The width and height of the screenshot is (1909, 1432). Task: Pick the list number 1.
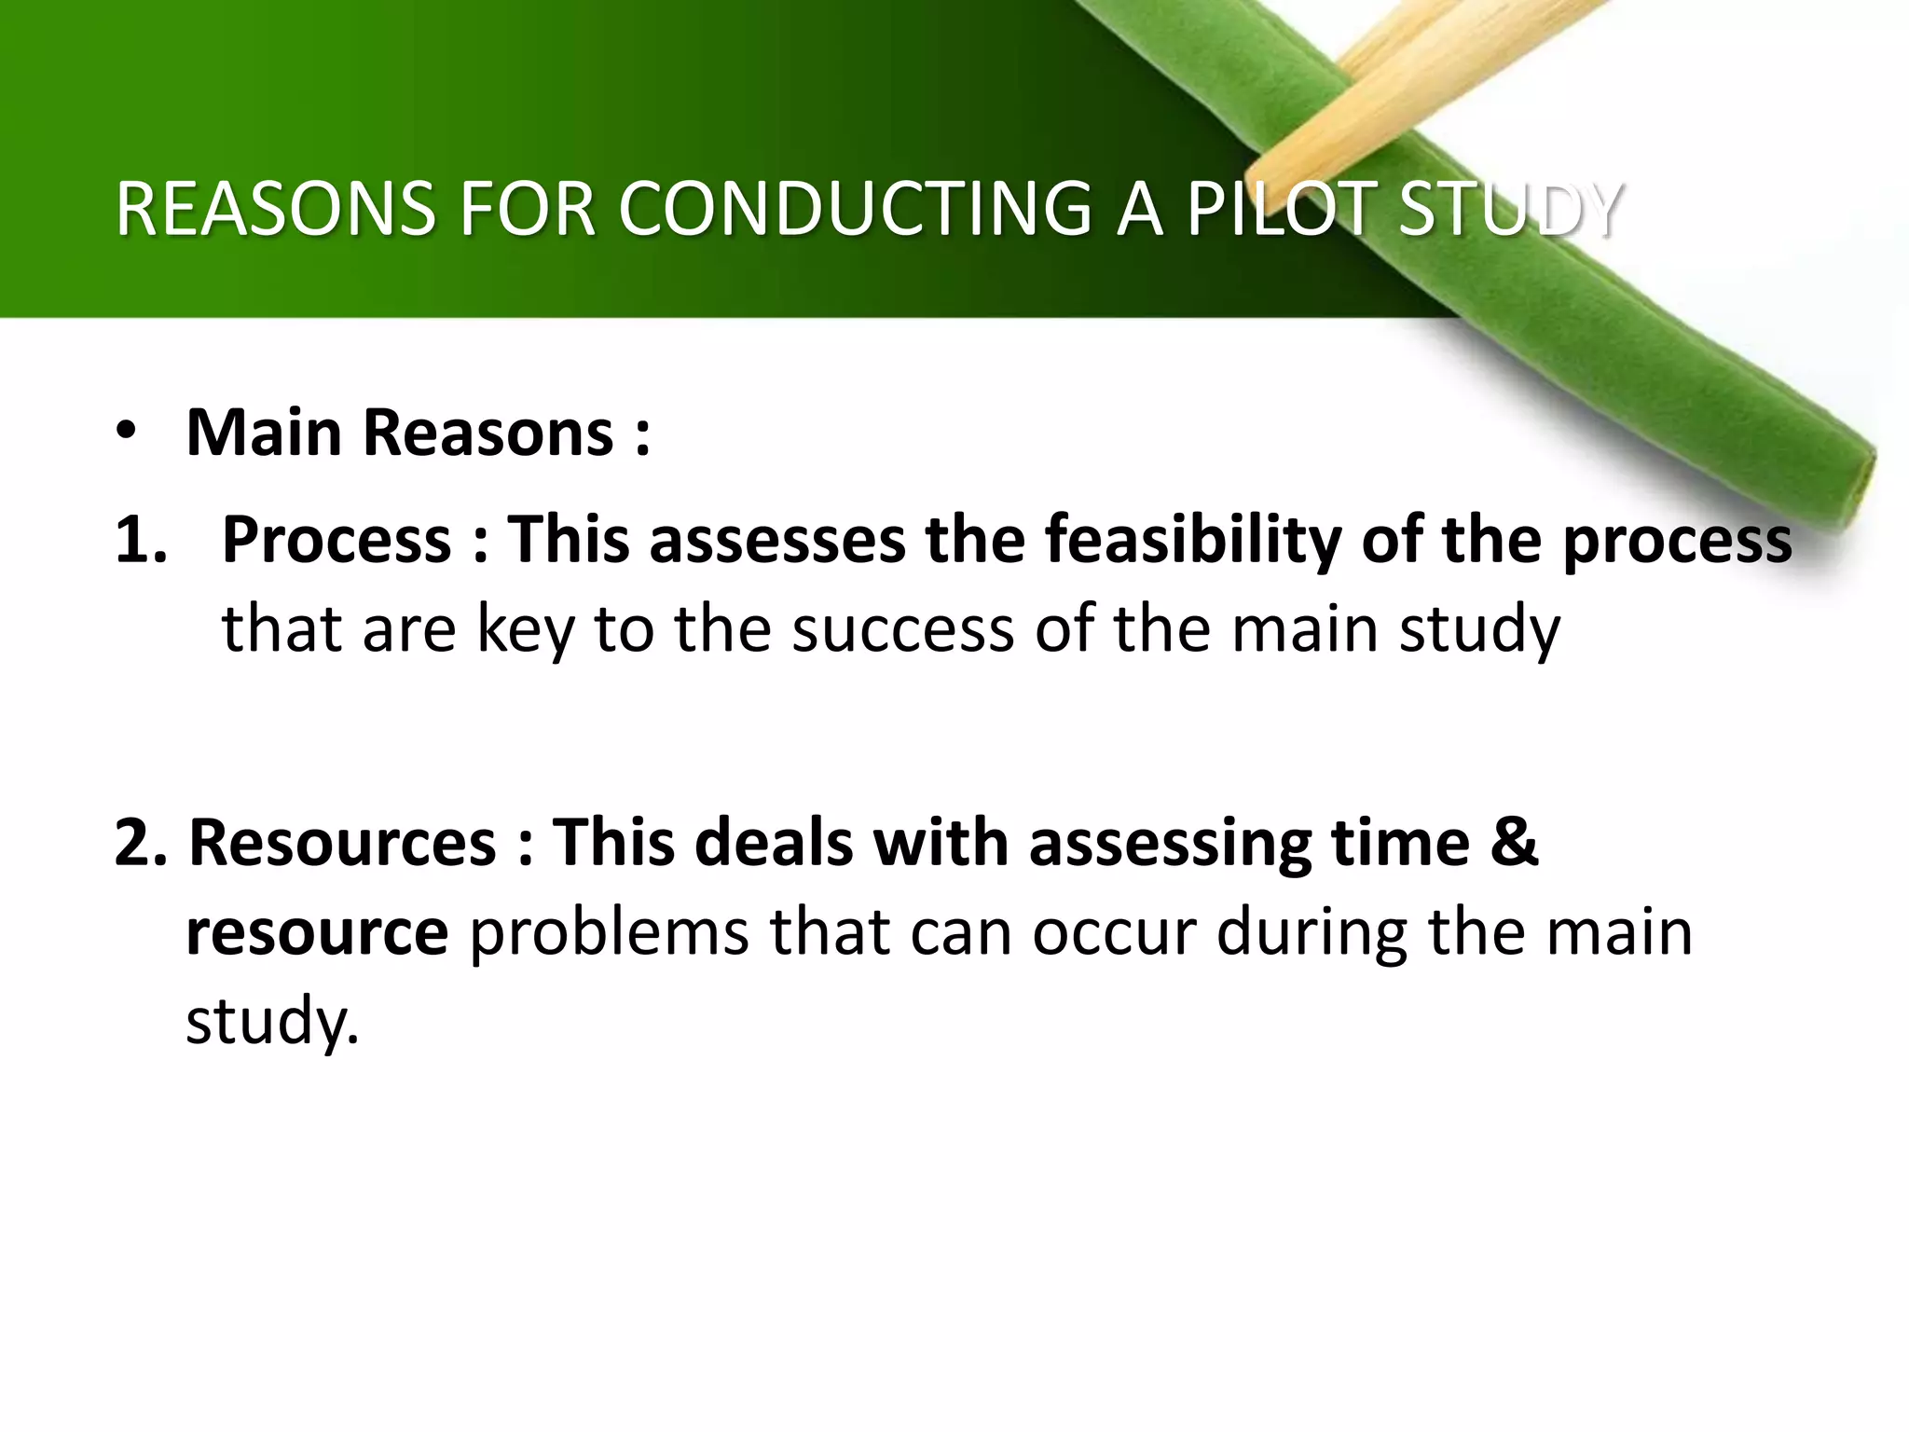pos(140,540)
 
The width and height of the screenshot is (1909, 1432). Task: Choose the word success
pos(902,630)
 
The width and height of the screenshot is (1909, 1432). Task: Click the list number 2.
pos(140,842)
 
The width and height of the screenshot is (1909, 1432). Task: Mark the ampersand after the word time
pos(1514,842)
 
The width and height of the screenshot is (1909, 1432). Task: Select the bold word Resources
pos(343,842)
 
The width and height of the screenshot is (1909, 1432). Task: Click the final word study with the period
pos(271,1022)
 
